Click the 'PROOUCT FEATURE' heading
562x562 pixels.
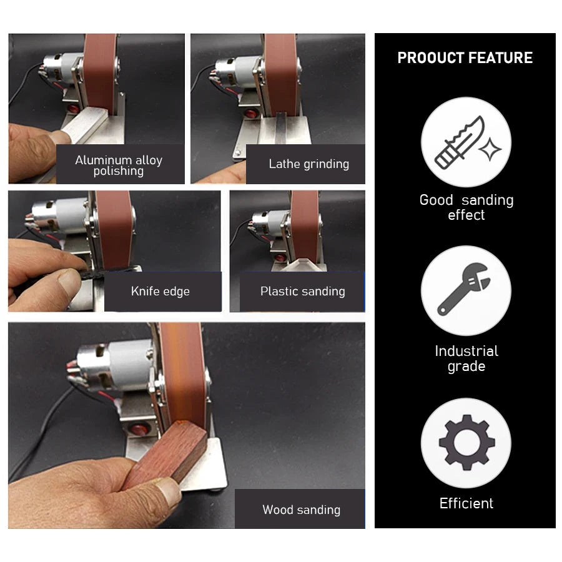click(465, 58)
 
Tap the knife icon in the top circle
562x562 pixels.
click(465, 142)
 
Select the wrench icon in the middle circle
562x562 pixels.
click(465, 291)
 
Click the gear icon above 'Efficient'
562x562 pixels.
click(466, 443)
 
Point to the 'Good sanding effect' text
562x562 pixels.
click(466, 207)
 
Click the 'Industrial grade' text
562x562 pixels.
click(466, 358)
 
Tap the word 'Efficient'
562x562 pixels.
click(466, 503)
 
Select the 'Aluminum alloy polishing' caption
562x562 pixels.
click(119, 165)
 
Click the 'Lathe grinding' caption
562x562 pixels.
click(308, 164)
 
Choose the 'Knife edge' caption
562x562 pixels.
click(160, 291)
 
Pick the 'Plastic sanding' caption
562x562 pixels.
click(302, 291)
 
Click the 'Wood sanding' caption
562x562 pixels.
click(301, 510)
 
